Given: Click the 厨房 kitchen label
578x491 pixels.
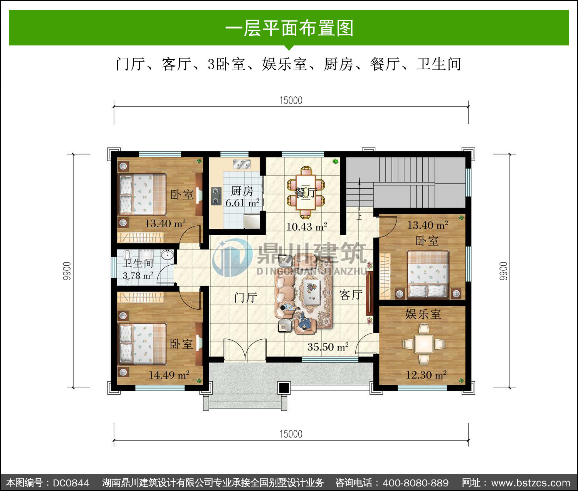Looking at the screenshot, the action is tap(242, 191).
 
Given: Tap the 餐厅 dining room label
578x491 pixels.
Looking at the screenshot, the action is tap(306, 193).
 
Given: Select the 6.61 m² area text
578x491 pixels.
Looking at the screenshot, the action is tap(242, 203).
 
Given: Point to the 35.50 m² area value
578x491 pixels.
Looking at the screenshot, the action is tap(328, 347).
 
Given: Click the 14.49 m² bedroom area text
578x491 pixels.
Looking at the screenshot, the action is tap(169, 375).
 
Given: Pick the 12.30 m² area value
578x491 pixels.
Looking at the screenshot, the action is tap(426, 374).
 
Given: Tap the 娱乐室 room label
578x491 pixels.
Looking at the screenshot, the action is tap(423, 314).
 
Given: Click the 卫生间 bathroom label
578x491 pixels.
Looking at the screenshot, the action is tap(138, 263).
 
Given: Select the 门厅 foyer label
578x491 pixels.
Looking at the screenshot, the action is tap(245, 298).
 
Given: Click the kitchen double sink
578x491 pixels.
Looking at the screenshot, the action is tap(242, 164).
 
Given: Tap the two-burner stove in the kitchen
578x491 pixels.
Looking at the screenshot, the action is tap(216, 196).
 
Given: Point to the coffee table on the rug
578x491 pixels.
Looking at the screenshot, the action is tap(312, 292).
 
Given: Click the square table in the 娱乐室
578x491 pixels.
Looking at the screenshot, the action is tap(423, 344).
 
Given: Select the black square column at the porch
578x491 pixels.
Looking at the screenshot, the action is tap(284, 388).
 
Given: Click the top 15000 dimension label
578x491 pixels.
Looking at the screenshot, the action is tap(291, 101).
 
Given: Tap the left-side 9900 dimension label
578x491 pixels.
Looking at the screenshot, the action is tap(67, 271).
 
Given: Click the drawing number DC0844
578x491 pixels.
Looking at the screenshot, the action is tap(71, 483).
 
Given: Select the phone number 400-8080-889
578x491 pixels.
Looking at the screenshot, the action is tap(415, 483).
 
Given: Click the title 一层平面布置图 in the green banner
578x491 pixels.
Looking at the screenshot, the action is tap(289, 28).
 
